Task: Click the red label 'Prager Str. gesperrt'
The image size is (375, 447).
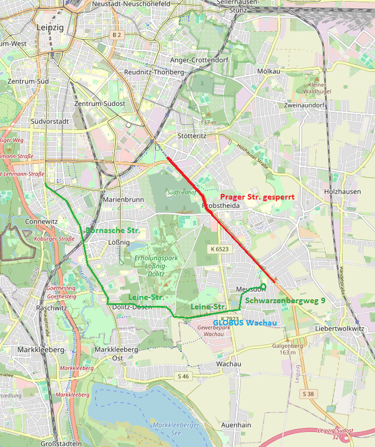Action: [257, 197]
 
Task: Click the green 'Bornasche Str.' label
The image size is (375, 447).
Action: [112, 230]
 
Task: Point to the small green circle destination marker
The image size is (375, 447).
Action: [263, 286]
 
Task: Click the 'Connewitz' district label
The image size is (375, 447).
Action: [41, 222]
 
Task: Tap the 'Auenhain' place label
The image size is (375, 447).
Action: [236, 425]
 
